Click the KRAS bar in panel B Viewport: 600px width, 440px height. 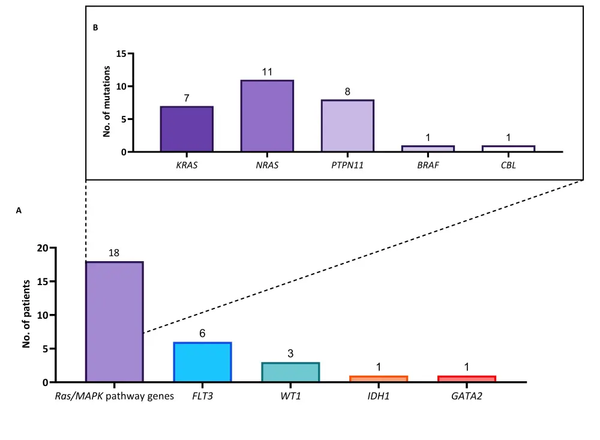pos(187,129)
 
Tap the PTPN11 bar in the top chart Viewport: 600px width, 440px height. pos(347,126)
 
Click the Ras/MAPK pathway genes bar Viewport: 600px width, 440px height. pos(114,322)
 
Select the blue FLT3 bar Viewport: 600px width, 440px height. pos(202,362)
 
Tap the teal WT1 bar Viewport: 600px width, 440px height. pos(290,372)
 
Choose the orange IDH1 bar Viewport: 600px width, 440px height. pos(379,379)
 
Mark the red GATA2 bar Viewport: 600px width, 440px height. pos(467,379)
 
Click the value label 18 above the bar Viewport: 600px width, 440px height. pos(114,253)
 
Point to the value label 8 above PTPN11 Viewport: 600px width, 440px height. pos(347,92)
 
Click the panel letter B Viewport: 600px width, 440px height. pos(95,28)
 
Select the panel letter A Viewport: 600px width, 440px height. pos(19,211)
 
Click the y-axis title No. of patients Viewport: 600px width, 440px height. pos(26,315)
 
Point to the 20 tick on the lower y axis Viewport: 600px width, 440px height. pos(41,248)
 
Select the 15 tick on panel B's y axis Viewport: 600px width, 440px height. pos(121,53)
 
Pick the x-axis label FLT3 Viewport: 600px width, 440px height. pos(202,396)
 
